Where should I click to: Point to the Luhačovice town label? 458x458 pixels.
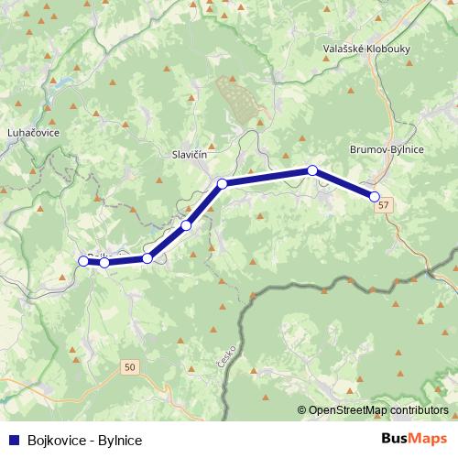coord(33,133)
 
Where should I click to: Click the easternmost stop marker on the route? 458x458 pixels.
coord(374,196)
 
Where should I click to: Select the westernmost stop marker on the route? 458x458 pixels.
coord(83,261)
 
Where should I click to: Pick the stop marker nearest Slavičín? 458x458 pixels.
coord(222,184)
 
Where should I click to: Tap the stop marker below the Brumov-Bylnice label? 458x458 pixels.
coord(312,170)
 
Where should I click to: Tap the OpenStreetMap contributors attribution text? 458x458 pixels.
coord(377,410)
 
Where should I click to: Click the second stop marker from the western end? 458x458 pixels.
coord(104,263)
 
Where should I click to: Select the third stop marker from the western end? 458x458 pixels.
coord(147,258)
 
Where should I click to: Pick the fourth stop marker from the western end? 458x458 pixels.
coord(186,225)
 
